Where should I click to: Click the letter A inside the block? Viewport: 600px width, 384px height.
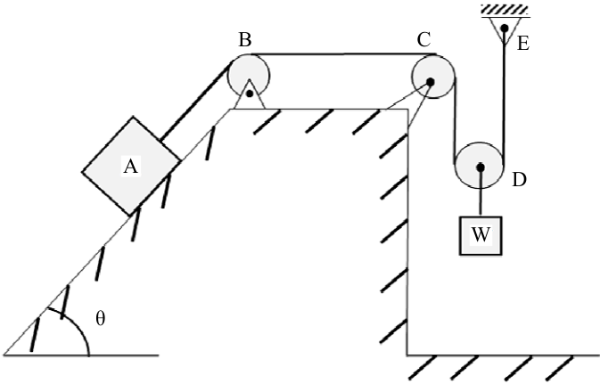tap(130, 167)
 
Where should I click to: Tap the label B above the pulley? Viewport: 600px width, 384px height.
tap(245, 39)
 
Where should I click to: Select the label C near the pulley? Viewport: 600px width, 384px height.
tap(424, 39)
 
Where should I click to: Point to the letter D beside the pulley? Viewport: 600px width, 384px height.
tap(519, 180)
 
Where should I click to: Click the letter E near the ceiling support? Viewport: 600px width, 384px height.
tap(523, 44)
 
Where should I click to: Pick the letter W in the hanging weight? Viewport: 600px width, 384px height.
tap(481, 234)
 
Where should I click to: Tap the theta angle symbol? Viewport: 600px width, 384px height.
tap(100, 318)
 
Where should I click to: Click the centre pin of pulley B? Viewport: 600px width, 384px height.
tap(250, 94)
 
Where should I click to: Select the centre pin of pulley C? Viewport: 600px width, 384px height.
tap(430, 82)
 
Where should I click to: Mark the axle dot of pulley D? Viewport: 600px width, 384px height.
tap(481, 167)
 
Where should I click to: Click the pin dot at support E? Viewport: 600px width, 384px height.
tap(505, 28)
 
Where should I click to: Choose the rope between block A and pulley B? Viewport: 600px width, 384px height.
tap(194, 102)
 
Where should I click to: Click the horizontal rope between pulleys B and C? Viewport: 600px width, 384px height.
tap(343, 54)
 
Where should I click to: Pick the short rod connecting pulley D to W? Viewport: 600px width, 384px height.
tap(481, 193)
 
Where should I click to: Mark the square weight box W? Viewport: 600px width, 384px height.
tap(481, 235)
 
